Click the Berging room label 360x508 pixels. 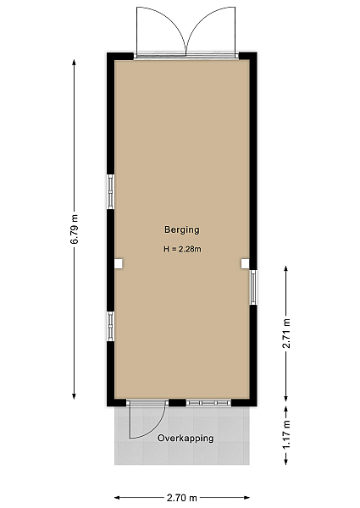point(182,229)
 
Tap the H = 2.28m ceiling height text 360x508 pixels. point(182,249)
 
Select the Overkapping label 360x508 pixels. point(186,439)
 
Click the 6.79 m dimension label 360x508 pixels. point(75,229)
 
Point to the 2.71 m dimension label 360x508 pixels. point(286,334)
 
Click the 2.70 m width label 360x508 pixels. point(182,497)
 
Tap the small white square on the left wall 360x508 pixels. point(119,263)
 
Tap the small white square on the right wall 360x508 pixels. point(246,263)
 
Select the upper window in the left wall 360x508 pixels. point(111,191)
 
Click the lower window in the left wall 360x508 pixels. point(111,326)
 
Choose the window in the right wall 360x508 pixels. point(253,288)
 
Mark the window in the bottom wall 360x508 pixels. point(208,403)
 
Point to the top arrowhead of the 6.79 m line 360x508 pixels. point(75,62)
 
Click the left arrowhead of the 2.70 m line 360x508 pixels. point(118,497)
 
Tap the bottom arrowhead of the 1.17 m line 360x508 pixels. point(286,461)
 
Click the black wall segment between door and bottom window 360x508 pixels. point(177,403)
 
